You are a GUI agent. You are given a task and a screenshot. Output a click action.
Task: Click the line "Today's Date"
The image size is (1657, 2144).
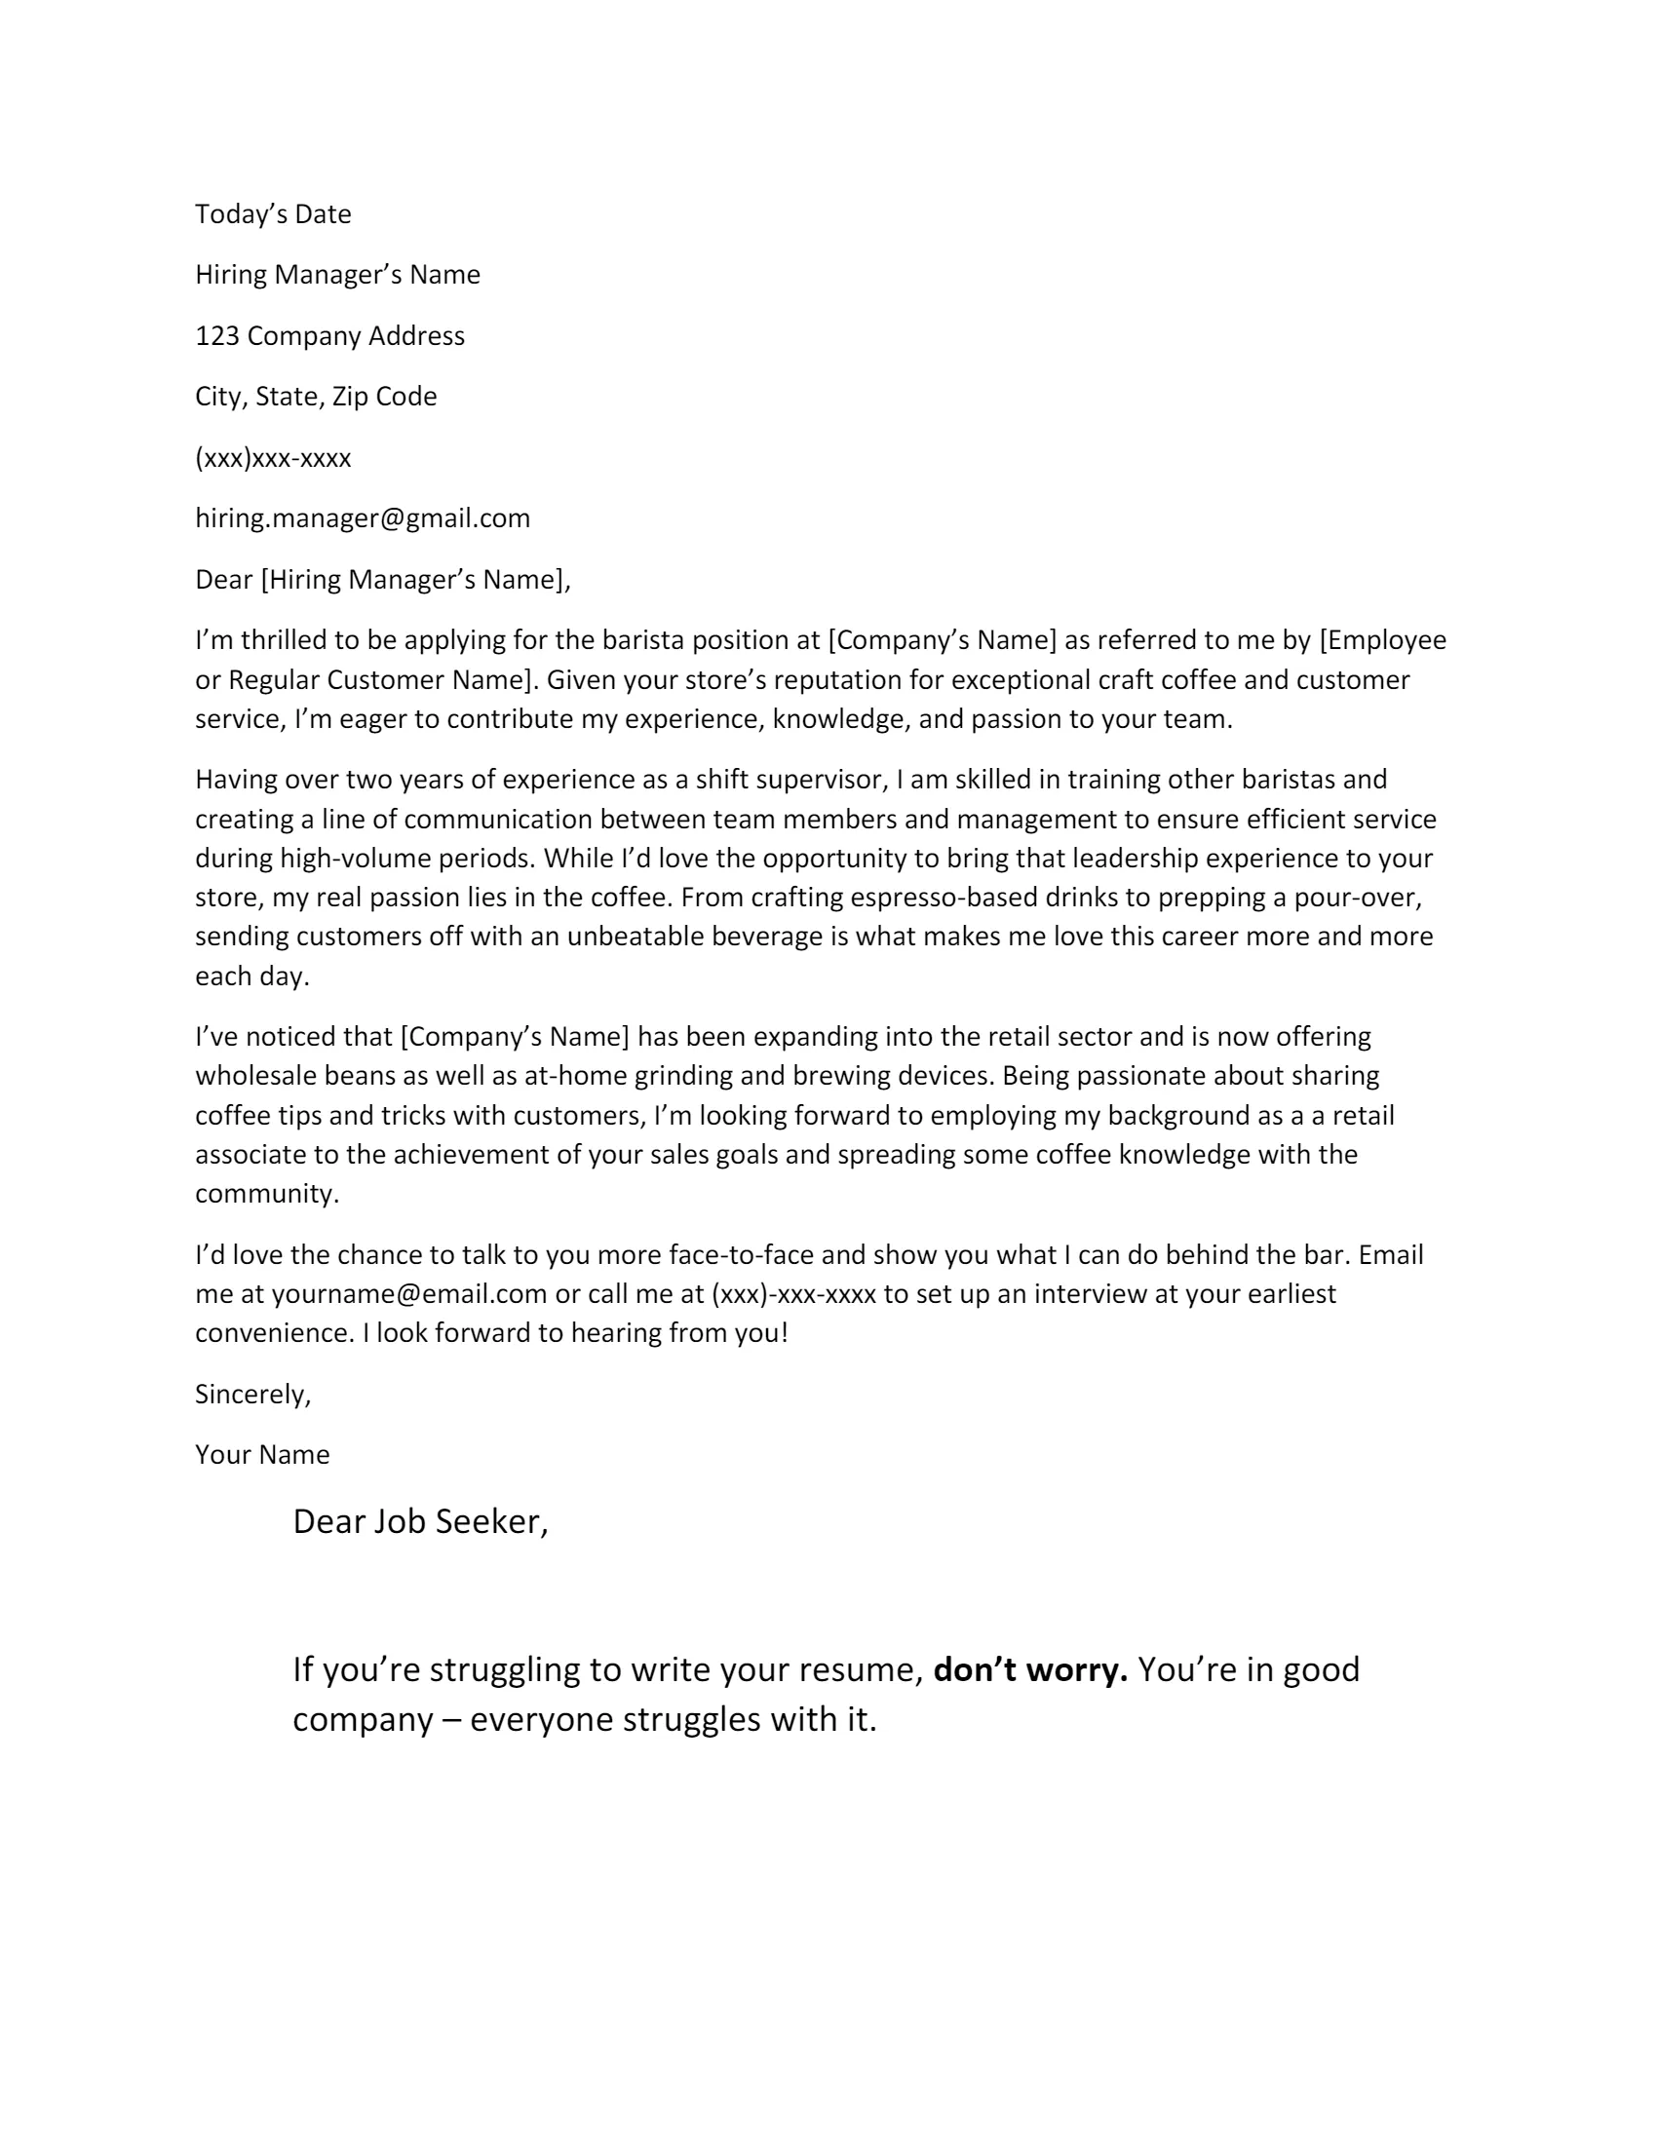273,214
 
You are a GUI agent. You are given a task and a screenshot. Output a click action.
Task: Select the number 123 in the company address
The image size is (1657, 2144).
217,336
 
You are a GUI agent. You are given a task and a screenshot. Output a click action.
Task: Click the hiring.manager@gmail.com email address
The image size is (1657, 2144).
363,518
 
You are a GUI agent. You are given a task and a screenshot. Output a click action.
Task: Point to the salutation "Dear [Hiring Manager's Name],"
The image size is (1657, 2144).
383,579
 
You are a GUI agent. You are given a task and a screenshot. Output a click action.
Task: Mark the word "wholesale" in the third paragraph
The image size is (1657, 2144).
252,1076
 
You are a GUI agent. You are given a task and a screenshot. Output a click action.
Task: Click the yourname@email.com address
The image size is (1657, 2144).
409,1294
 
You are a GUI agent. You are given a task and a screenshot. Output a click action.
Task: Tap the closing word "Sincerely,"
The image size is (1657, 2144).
252,1394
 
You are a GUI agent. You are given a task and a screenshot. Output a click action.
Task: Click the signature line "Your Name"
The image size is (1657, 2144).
262,1455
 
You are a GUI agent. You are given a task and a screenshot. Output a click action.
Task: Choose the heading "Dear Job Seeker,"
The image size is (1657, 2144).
420,1521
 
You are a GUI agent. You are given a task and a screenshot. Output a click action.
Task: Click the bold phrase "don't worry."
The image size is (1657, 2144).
1029,1669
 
